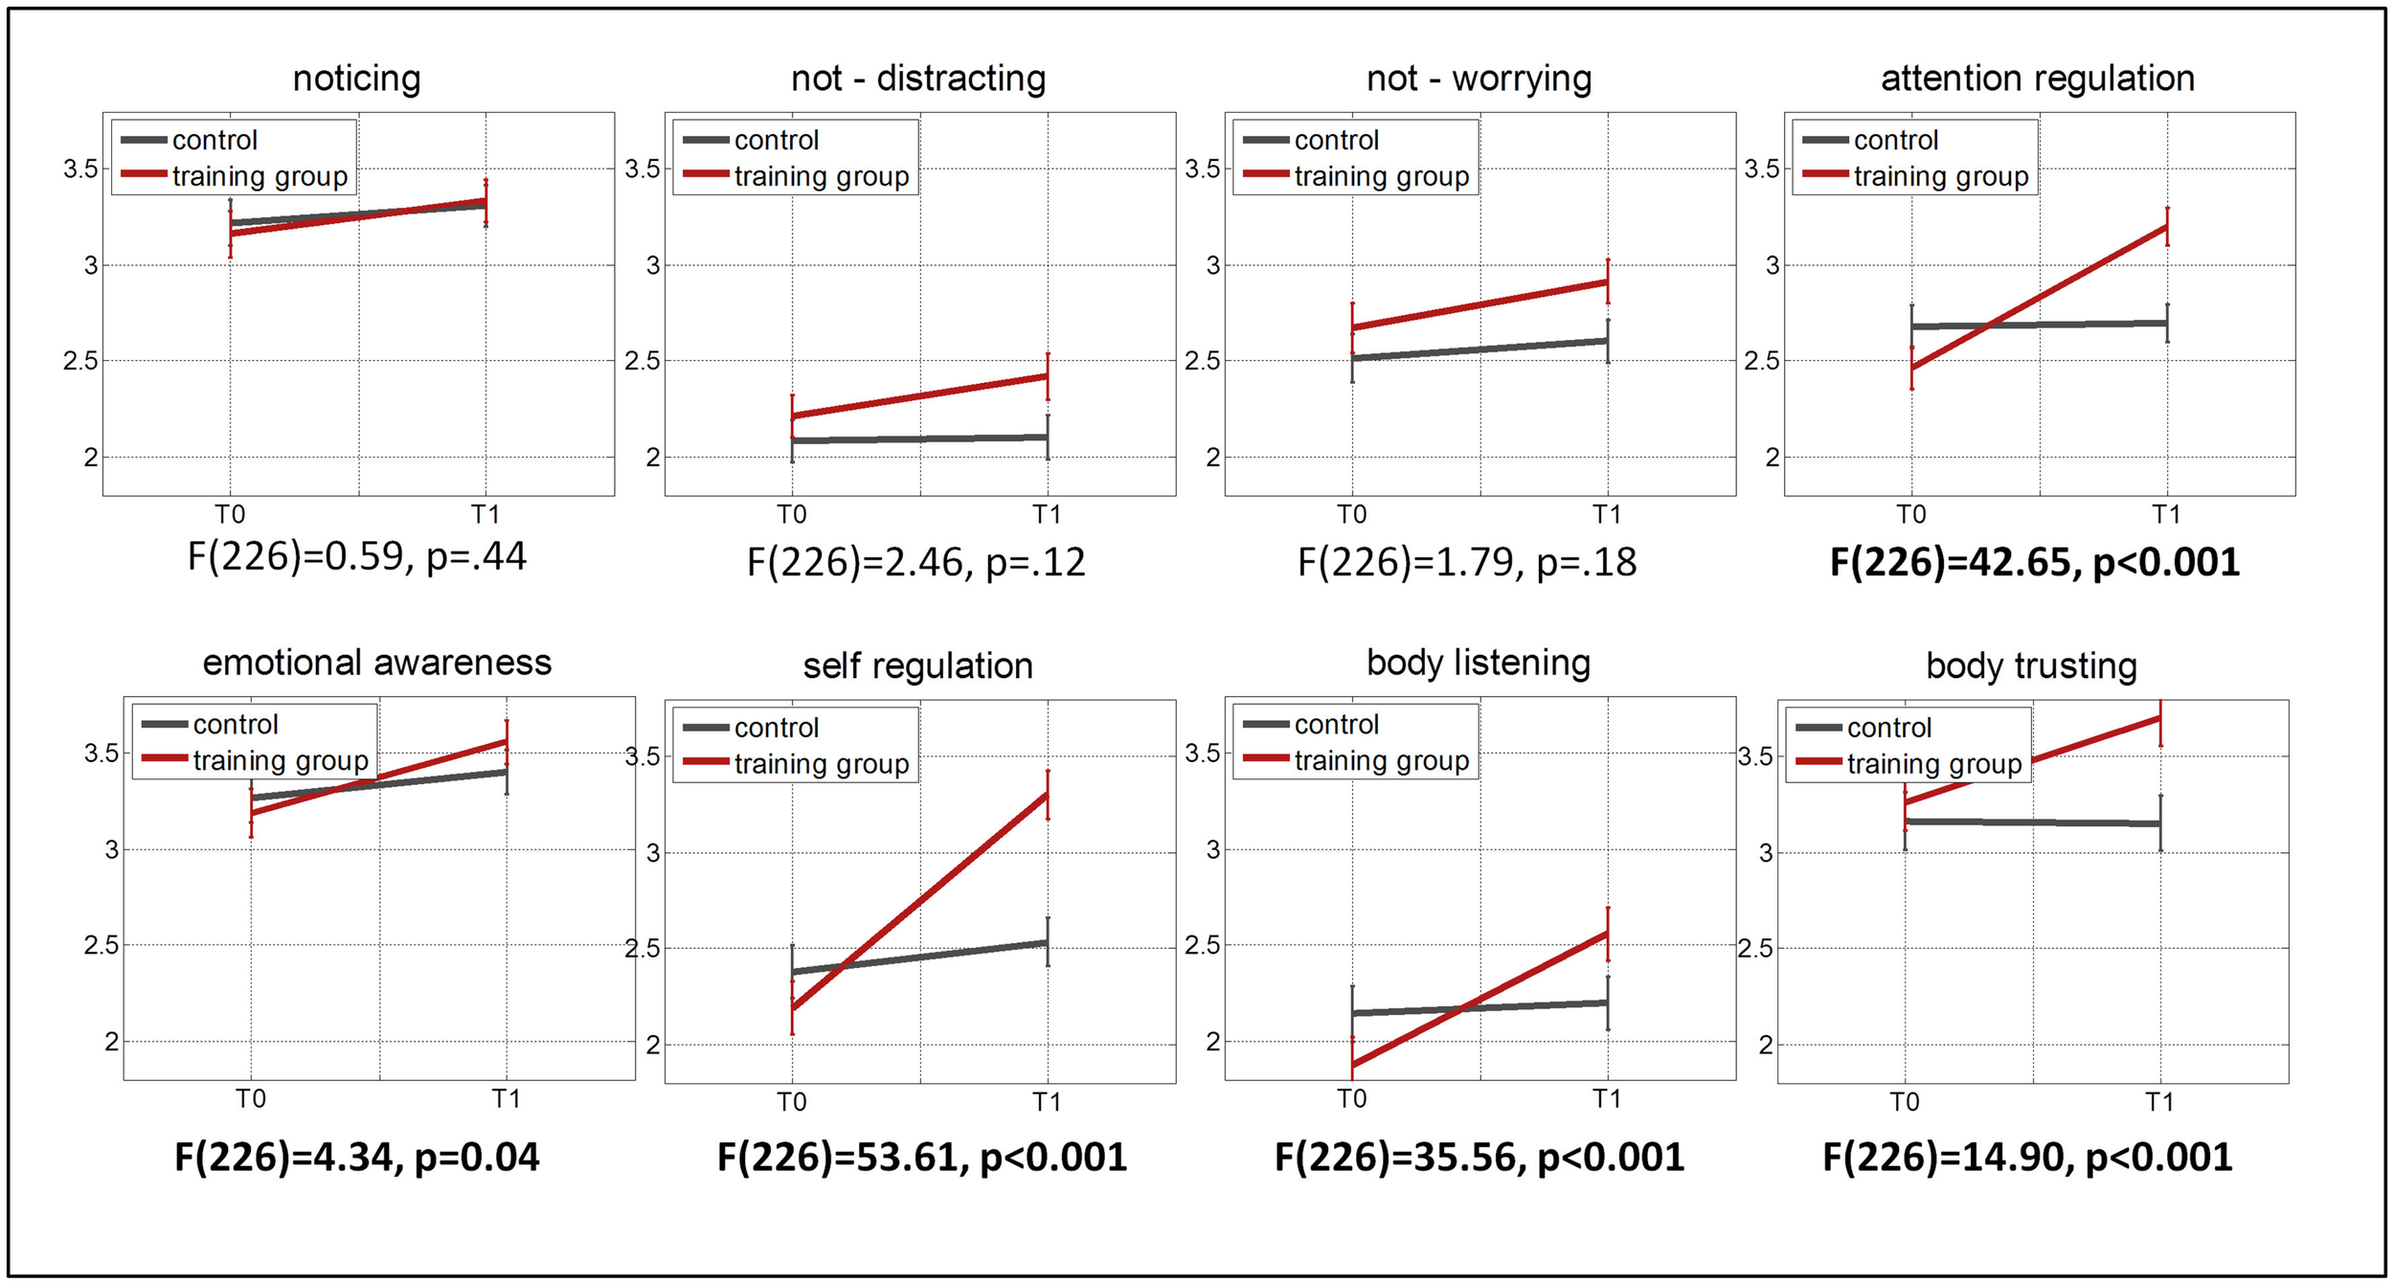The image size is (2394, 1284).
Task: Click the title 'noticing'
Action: tap(356, 79)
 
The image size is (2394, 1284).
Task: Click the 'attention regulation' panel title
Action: tap(2037, 79)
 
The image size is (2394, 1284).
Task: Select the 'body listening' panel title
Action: tap(1478, 663)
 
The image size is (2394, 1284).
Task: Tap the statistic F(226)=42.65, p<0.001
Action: tap(2034, 562)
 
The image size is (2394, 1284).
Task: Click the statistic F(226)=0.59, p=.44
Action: tap(356, 556)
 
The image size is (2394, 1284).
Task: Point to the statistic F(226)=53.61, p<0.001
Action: tap(921, 1158)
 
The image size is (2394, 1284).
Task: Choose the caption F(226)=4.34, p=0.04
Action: tap(356, 1158)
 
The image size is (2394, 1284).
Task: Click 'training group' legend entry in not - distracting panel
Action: tap(821, 176)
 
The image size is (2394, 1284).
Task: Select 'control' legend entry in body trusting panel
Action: tap(1888, 728)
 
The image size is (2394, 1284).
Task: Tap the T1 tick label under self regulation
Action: tap(1046, 1103)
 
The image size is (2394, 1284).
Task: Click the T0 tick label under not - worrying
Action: tap(1351, 515)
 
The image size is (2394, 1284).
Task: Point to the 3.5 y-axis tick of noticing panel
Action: tap(80, 169)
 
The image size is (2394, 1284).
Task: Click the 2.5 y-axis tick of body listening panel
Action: tap(1202, 945)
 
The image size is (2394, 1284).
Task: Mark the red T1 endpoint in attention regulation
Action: tap(2167, 227)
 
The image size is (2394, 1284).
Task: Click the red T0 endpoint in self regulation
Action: tap(792, 1007)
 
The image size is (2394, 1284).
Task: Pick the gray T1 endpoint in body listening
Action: tap(1608, 1002)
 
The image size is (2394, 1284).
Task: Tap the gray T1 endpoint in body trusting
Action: tap(2160, 823)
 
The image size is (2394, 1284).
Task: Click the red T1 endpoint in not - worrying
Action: tap(1608, 282)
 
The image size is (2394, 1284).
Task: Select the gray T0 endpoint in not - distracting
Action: tap(792, 440)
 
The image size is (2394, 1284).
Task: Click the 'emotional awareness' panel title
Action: tap(376, 663)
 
